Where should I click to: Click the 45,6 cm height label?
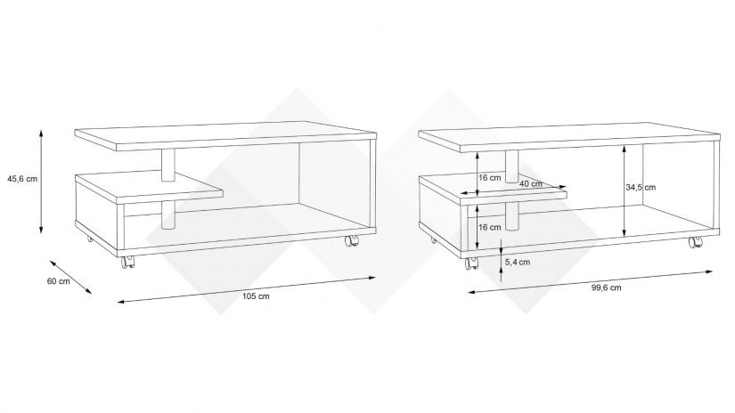click(x=22, y=179)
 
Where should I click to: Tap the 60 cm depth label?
click(x=58, y=281)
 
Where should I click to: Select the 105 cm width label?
click(x=256, y=296)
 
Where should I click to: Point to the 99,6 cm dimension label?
click(x=606, y=287)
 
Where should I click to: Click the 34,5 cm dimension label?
click(x=641, y=187)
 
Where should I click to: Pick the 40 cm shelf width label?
click(x=531, y=183)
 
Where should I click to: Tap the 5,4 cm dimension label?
click(x=518, y=263)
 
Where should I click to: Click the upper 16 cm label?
click(x=490, y=178)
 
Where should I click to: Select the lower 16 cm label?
click(x=490, y=228)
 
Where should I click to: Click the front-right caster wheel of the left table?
click(x=351, y=241)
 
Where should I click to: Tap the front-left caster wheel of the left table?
click(x=126, y=263)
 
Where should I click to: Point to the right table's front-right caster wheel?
click(x=694, y=242)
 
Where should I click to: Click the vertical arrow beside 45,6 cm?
click(x=41, y=182)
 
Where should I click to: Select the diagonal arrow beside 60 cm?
click(x=70, y=277)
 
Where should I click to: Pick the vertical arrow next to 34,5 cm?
click(x=625, y=191)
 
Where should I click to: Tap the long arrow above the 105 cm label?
click(x=247, y=289)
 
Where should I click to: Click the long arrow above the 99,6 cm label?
click(x=591, y=281)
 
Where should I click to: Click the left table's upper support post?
click(x=168, y=166)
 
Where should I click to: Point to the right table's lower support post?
click(x=512, y=216)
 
